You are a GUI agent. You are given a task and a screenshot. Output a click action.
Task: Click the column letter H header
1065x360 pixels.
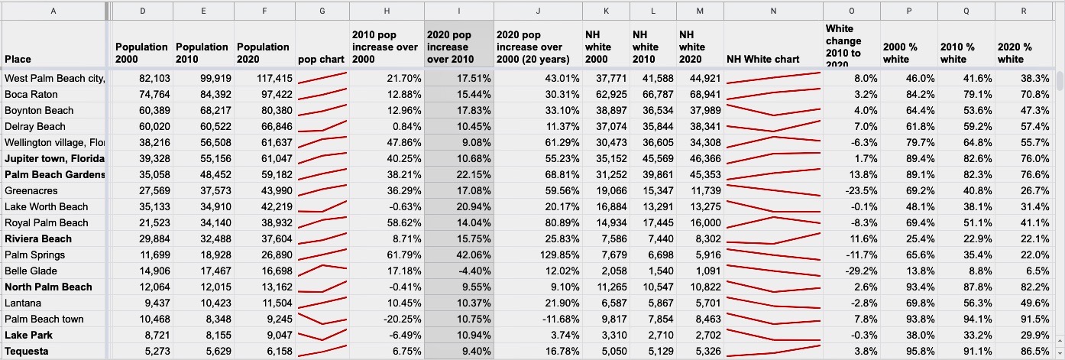point(387,11)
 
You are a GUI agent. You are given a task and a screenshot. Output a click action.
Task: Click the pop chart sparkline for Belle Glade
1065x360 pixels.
point(322,271)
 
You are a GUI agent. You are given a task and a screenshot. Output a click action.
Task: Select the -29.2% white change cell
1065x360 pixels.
point(852,271)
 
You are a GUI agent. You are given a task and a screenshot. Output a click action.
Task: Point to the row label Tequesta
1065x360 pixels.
point(26,352)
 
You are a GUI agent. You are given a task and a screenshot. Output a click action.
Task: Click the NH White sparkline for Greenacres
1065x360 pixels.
point(773,190)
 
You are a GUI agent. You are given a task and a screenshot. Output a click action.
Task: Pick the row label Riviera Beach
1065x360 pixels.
point(38,239)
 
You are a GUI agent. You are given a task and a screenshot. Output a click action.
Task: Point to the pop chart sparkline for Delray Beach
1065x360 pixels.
point(322,126)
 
